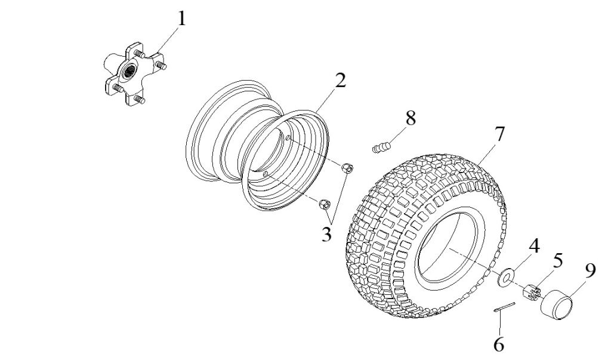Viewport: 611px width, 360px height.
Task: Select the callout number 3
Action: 326,234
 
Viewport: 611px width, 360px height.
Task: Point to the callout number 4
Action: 535,245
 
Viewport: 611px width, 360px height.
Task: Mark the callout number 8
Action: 410,118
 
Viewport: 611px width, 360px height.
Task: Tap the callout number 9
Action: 590,271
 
